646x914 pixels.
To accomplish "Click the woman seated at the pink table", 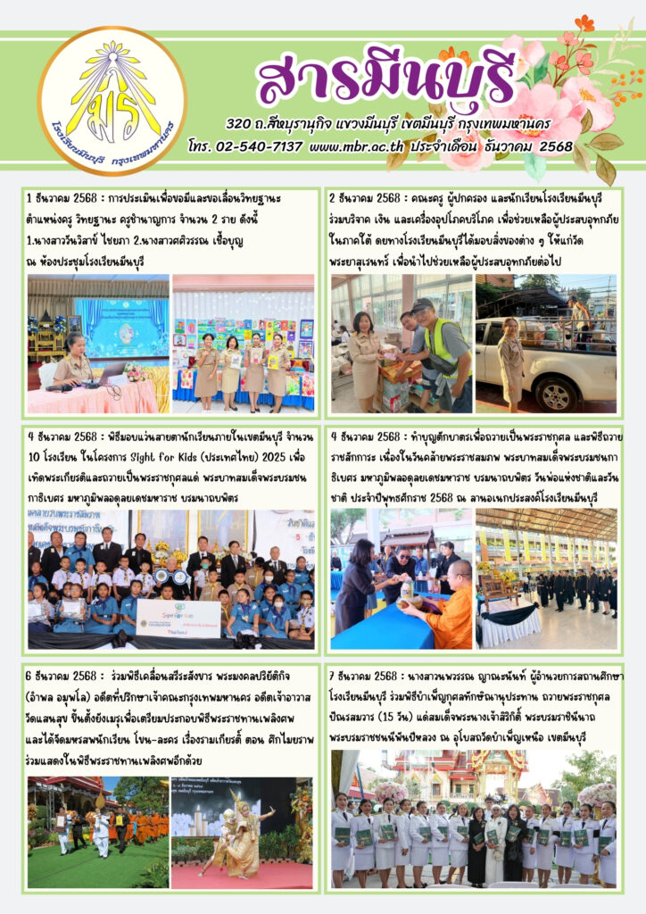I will click(x=73, y=366).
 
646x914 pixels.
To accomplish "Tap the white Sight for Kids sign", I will click(x=178, y=618).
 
